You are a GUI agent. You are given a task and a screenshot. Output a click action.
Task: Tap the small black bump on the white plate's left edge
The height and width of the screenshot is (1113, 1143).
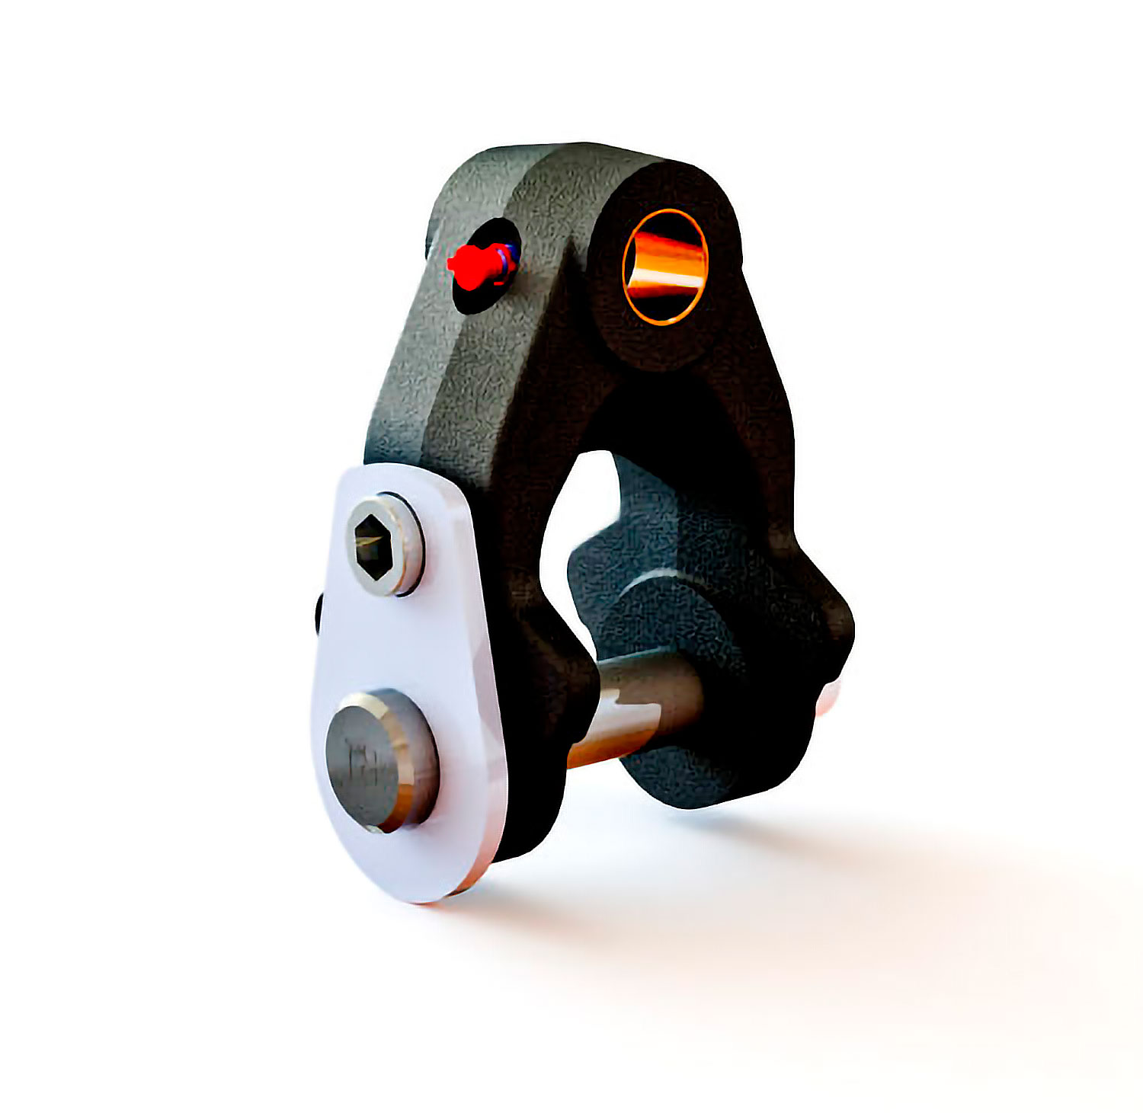[x=318, y=613]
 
